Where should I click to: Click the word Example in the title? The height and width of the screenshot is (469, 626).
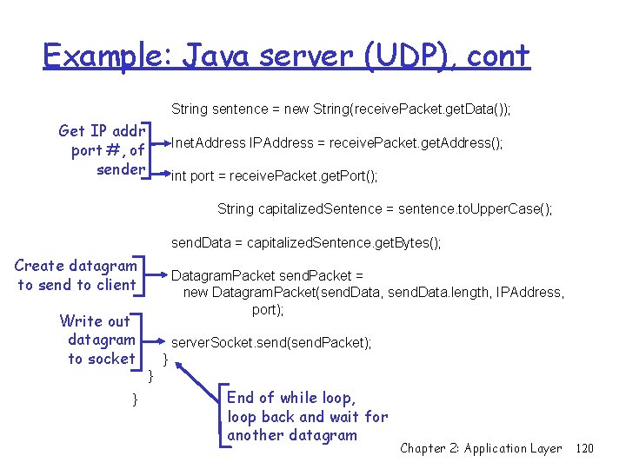point(102,56)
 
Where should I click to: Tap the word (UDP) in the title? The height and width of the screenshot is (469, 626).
point(403,56)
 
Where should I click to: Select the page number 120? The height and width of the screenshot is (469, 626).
point(584,448)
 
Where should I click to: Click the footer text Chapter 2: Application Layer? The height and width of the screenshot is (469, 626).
point(480,448)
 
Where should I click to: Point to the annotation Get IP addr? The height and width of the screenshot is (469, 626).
point(101,131)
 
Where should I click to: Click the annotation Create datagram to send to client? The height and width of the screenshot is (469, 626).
point(77,275)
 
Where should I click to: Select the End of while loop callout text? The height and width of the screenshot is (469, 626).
point(306,416)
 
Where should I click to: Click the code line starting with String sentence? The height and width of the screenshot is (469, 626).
point(341,109)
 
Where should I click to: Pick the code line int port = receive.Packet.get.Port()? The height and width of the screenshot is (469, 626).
point(274,176)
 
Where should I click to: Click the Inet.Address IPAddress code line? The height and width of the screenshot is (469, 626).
point(336,142)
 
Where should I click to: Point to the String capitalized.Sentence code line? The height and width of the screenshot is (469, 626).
point(384,209)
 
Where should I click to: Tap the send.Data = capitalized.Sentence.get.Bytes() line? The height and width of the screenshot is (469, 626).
point(306,243)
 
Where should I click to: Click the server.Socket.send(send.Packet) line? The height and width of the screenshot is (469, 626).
point(271,343)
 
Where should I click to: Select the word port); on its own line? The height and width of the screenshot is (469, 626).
point(268,308)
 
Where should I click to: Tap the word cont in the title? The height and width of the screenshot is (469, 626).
point(498,56)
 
